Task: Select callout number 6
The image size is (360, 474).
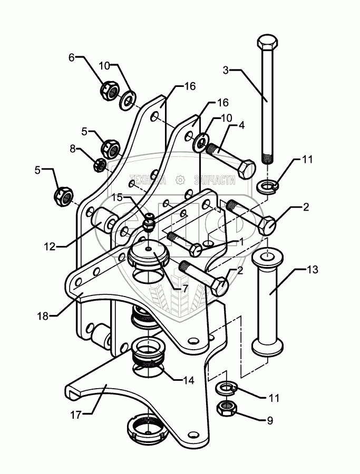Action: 72,57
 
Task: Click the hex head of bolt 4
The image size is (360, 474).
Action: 247,170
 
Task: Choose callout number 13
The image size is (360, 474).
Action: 312,270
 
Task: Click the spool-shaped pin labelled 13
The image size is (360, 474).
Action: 268,304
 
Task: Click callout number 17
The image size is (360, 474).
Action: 76,415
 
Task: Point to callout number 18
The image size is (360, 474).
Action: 43,316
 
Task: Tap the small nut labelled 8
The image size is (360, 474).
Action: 98,165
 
